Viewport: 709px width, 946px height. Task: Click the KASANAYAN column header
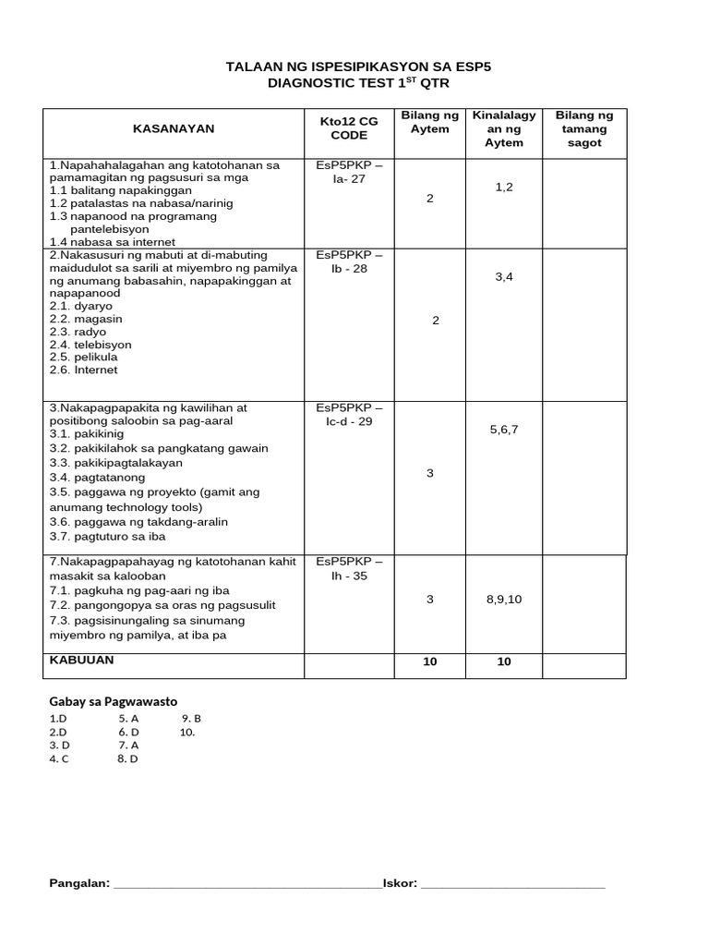click(173, 130)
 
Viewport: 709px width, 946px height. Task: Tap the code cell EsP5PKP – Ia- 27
click(348, 172)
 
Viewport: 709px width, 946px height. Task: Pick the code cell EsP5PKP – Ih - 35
click(348, 568)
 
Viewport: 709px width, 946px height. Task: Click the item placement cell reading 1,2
click(504, 187)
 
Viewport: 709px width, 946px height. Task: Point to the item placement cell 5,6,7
click(504, 429)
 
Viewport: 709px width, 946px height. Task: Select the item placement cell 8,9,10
click(504, 600)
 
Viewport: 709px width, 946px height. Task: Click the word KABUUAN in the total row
click(82, 661)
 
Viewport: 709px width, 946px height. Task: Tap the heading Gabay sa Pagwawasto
click(113, 701)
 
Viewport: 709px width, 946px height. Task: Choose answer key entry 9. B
click(191, 718)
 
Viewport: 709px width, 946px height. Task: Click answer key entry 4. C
click(59, 759)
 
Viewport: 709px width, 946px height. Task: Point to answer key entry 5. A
click(128, 718)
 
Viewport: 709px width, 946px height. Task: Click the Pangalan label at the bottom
click(79, 883)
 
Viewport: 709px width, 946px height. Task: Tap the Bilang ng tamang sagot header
click(583, 128)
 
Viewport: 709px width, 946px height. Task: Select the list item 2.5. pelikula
click(84, 357)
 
